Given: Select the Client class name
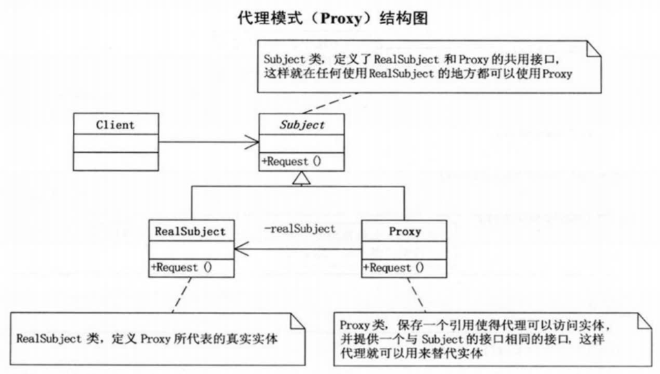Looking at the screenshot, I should pyautogui.click(x=115, y=125).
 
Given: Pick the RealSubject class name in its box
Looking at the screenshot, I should pyautogui.click(x=190, y=231).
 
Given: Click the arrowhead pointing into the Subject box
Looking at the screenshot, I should pyautogui.click(x=253, y=143).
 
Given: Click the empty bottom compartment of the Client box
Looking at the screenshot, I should pyautogui.click(x=115, y=160).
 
